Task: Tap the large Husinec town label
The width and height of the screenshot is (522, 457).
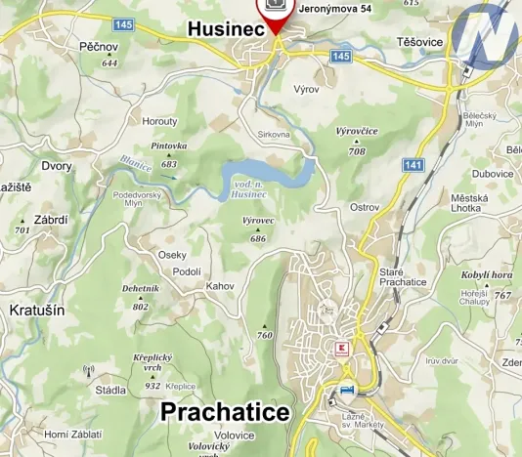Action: point(227,31)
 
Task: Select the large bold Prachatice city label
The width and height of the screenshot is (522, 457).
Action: point(225,412)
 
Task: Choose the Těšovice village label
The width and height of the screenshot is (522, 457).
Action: point(421,43)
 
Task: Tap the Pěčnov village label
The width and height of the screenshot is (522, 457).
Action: point(99,46)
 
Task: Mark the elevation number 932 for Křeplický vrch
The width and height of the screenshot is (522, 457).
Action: point(152,386)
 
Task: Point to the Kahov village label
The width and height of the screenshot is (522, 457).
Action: point(221,285)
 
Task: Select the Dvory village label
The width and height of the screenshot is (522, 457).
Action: point(57,166)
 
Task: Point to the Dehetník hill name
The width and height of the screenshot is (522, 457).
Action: point(140,289)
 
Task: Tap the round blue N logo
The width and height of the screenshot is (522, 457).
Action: point(490,33)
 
